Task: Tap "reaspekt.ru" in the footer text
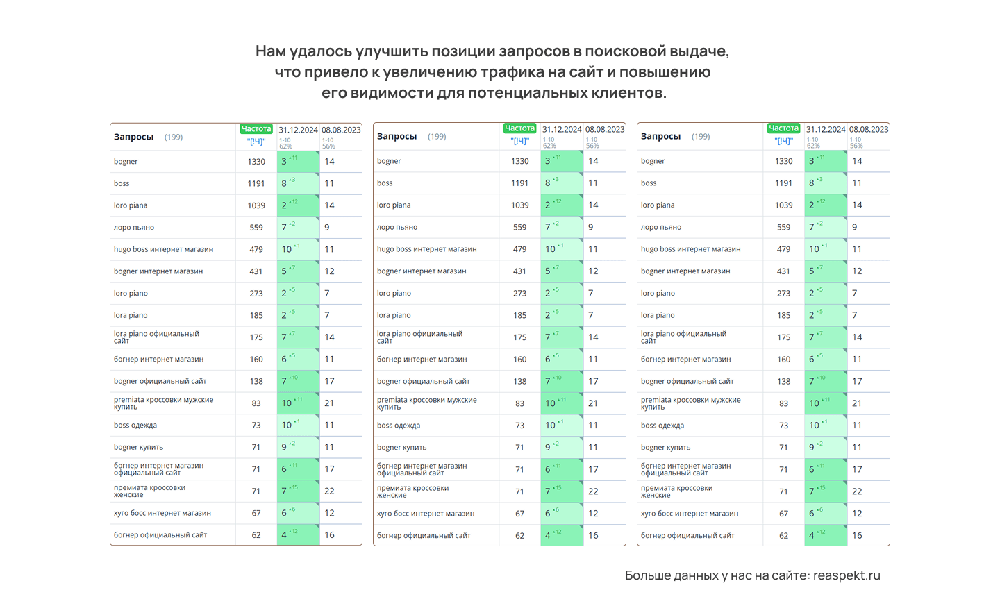(x=847, y=575)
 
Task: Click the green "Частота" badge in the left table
(x=256, y=129)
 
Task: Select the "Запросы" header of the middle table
(x=397, y=137)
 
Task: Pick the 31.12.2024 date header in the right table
(x=826, y=130)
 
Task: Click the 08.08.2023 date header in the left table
(x=341, y=130)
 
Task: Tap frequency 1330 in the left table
(x=256, y=162)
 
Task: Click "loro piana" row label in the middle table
(x=394, y=205)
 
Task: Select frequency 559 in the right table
(x=783, y=228)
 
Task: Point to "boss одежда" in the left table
(x=135, y=426)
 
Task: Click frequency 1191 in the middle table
(x=519, y=183)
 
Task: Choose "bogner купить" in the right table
(x=665, y=448)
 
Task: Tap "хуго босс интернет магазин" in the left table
(x=162, y=514)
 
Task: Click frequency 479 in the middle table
(x=519, y=249)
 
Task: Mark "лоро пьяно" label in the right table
(x=660, y=228)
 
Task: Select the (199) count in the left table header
(x=174, y=137)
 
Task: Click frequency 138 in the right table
(x=783, y=382)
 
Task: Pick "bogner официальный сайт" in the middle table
(x=423, y=382)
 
